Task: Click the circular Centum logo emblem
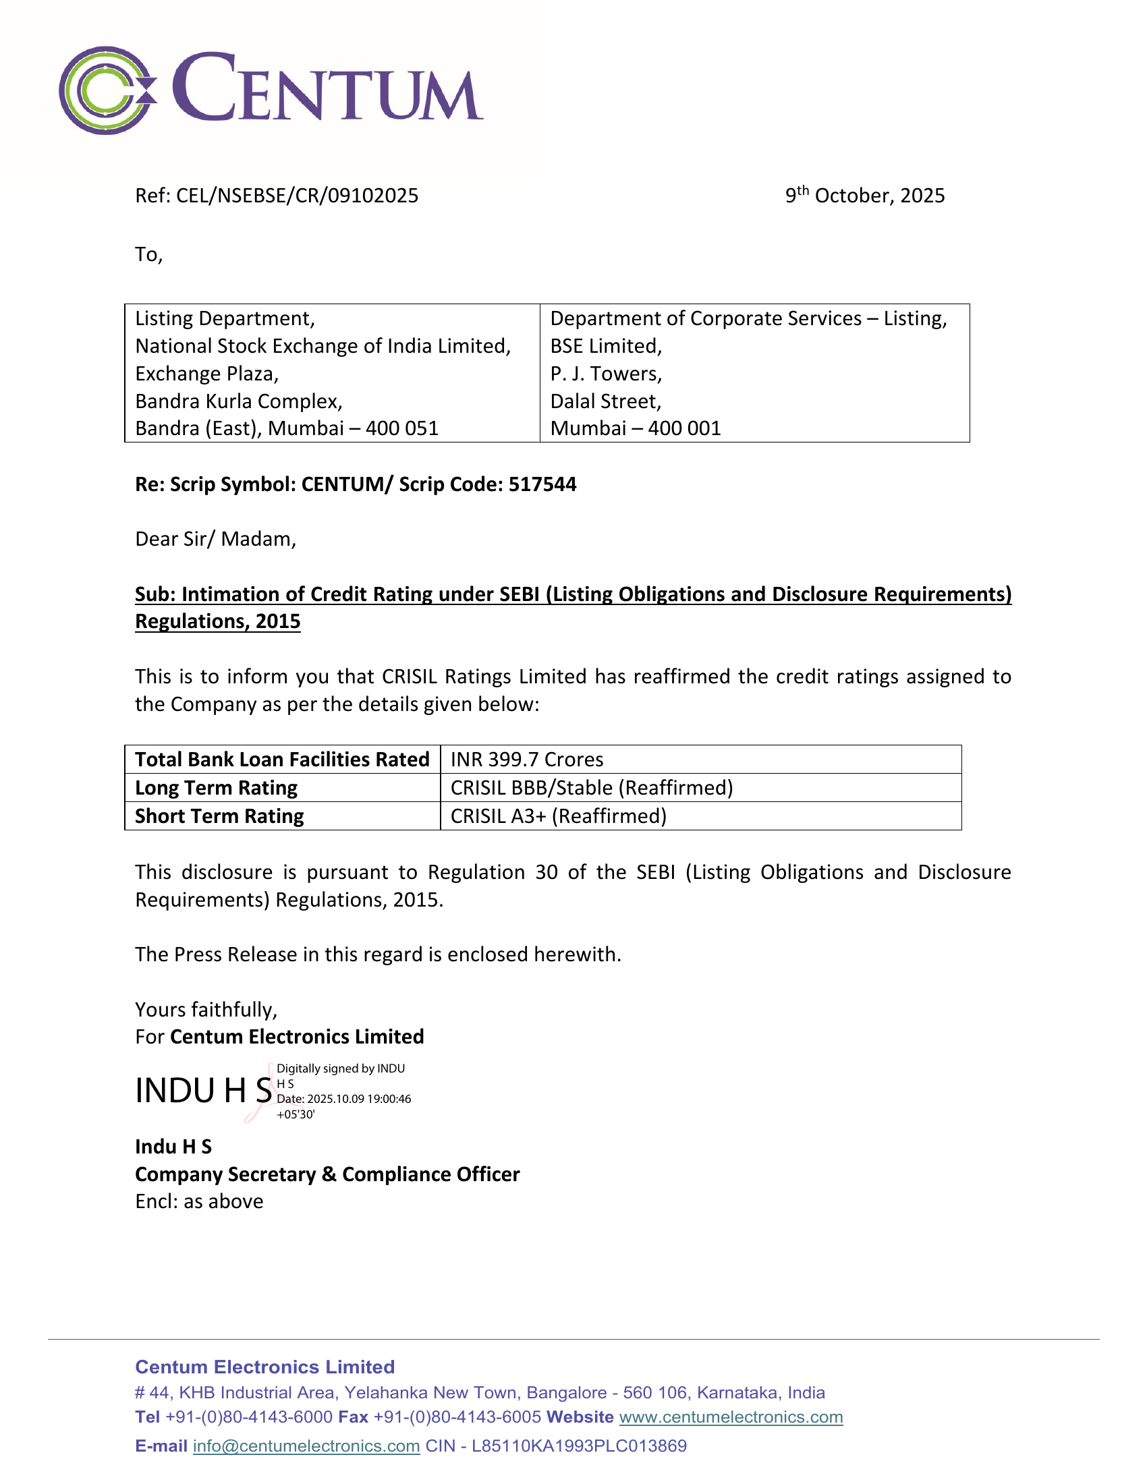point(107,90)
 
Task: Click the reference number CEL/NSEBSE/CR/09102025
point(297,196)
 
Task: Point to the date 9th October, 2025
point(864,196)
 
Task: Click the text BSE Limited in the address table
point(605,347)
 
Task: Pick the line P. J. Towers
point(605,374)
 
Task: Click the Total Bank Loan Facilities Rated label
point(282,760)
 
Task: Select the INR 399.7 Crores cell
point(527,760)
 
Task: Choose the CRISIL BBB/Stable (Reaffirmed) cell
point(591,788)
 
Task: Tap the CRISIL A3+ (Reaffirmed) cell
point(558,816)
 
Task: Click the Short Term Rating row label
point(219,816)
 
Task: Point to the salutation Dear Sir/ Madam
point(215,540)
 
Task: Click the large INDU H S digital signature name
point(203,1091)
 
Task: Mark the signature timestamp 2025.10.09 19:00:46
point(359,1100)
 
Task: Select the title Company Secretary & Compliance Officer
point(327,1175)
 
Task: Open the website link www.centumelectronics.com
point(731,1417)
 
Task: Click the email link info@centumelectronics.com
point(306,1446)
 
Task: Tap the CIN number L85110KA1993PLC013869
point(579,1446)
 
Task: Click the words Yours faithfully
point(206,1010)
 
